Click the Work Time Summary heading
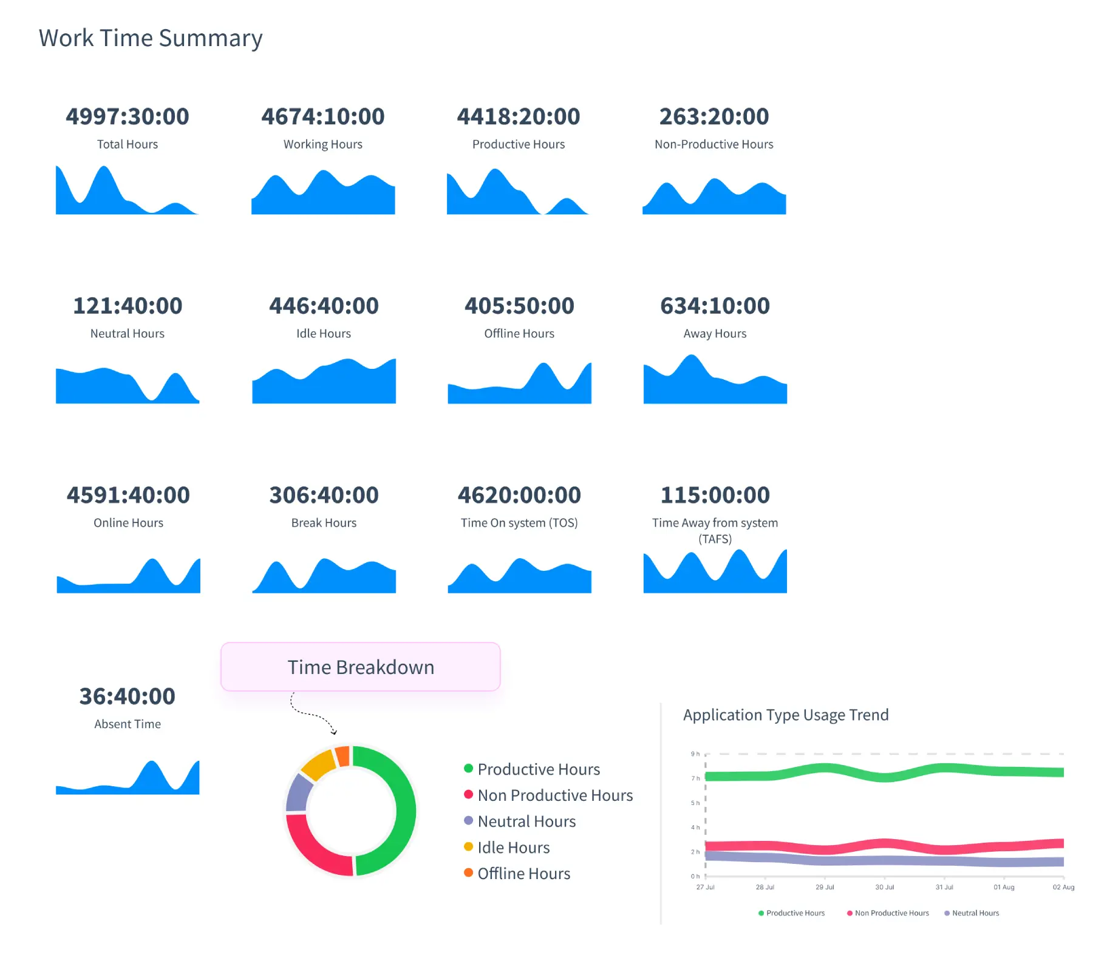coord(151,38)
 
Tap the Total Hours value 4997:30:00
coord(128,116)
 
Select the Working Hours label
coord(322,144)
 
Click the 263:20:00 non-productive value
coord(714,116)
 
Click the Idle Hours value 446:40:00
coord(324,306)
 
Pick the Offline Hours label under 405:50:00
coord(519,334)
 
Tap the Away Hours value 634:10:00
coord(715,306)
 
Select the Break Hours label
coord(324,523)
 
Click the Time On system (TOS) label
coord(519,523)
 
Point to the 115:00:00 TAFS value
coord(715,495)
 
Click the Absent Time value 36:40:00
coord(128,696)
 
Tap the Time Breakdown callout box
coord(361,667)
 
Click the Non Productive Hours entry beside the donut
coord(554,795)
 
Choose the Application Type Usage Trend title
coord(786,715)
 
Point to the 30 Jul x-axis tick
coord(884,887)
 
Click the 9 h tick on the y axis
coord(695,754)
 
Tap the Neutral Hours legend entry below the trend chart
coord(975,913)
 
